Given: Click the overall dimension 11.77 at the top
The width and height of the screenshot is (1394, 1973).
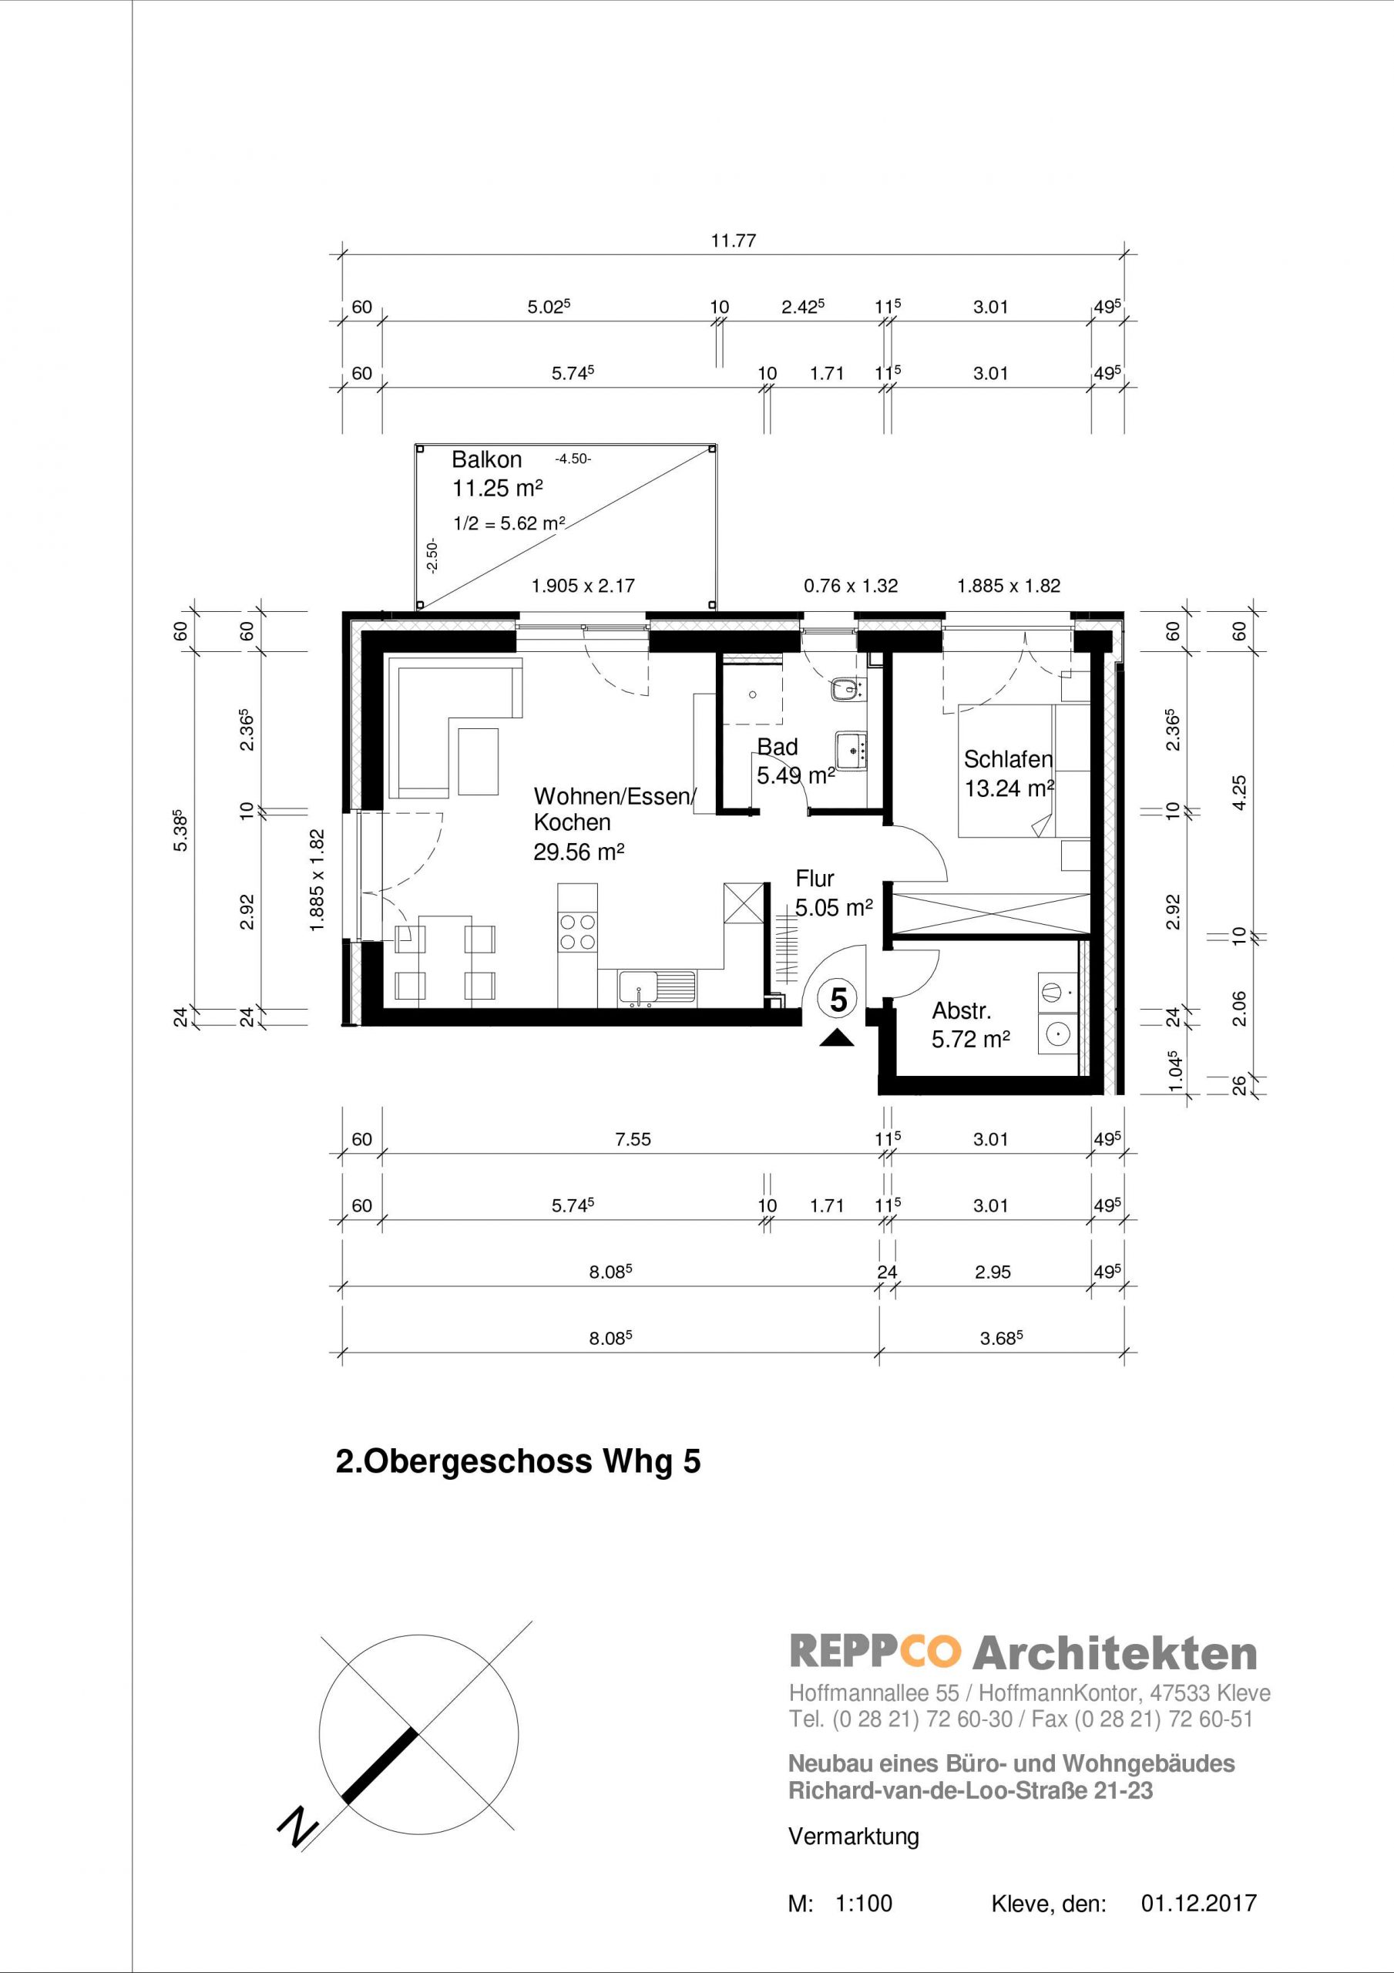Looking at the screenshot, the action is pos(733,240).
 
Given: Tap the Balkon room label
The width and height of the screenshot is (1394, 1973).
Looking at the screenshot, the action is pos(486,460).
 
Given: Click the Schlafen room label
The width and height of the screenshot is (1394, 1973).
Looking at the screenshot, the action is pos(1008,759).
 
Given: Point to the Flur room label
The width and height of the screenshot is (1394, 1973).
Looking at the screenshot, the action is pos(815,879).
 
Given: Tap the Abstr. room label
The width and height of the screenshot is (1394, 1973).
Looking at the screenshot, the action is pos(962,1010).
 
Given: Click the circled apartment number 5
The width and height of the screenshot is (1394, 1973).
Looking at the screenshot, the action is pos(838,1000).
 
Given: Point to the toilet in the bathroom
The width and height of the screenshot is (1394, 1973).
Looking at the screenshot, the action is pos(848,688).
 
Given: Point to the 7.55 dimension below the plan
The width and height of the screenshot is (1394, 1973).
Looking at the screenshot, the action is pos(633,1139).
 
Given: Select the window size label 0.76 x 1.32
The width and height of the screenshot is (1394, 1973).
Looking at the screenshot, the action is pos(851,586).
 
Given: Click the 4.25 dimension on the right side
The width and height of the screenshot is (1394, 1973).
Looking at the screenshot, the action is pos(1238,792).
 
